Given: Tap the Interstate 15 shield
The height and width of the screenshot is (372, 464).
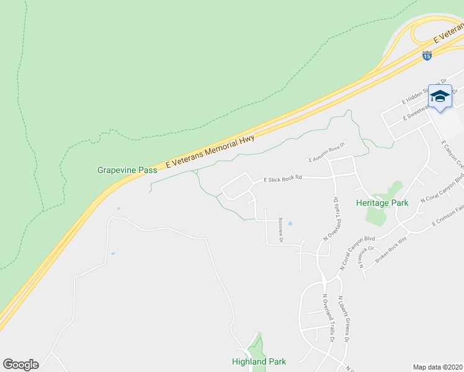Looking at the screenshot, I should point(426,56).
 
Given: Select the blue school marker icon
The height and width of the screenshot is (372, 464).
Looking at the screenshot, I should point(440,97).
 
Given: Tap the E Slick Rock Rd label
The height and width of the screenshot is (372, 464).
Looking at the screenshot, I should point(282,179).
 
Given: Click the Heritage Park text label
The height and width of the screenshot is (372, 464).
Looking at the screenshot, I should point(382,203).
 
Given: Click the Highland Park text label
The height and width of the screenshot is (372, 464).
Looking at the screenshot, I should point(258,361).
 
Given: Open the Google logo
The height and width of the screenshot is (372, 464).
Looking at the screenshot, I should point(20,365).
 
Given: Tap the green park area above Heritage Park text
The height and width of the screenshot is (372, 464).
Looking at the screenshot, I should point(393,188).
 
